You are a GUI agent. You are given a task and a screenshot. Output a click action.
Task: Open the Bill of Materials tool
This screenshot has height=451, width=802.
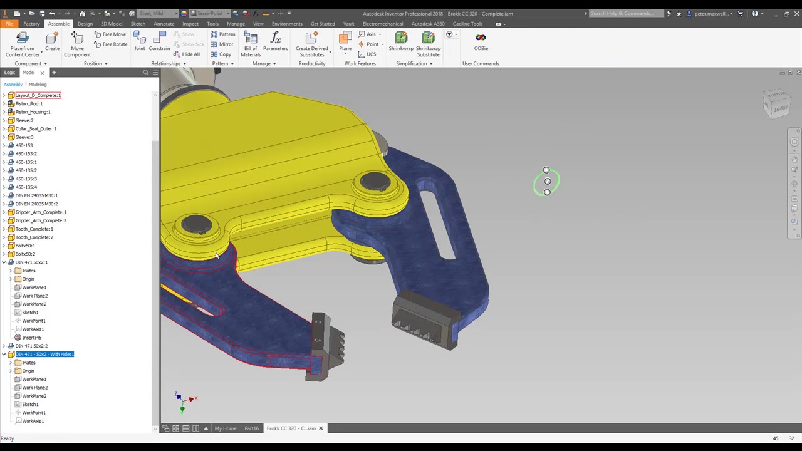tap(251, 44)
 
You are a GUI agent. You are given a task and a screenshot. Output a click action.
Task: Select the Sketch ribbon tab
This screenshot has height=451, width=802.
tap(138, 24)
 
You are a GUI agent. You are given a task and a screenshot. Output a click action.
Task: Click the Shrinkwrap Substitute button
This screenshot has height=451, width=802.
tap(428, 44)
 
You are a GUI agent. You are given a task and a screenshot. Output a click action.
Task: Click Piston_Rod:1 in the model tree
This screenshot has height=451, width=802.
tap(29, 103)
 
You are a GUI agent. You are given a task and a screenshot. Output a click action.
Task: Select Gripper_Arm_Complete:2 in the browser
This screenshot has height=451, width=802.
tap(41, 220)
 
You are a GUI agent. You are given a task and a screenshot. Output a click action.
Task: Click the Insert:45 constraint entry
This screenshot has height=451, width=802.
tap(31, 338)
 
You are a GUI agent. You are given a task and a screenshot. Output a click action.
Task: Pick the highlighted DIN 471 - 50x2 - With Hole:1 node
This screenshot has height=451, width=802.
tap(44, 355)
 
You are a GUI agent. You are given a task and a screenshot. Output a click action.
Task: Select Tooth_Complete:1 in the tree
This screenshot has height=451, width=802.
tap(34, 229)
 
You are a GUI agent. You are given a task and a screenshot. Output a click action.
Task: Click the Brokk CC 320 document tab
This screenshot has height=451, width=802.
tap(291, 428)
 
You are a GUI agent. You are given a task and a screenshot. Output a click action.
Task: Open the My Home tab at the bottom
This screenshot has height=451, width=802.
tap(226, 428)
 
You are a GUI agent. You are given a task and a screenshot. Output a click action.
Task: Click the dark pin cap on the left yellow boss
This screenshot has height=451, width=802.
tap(197, 224)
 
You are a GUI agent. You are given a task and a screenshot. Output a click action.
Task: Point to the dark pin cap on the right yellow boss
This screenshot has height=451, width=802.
tap(375, 181)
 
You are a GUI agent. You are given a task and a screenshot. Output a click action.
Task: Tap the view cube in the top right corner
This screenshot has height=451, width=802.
tap(778, 104)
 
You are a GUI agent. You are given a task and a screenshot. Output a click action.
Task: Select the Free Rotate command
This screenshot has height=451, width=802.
tap(111, 44)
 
